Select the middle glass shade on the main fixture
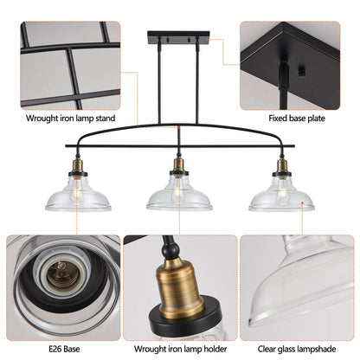tap(179, 196)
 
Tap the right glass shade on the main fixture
tap(281, 196)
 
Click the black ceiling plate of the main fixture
tap(179, 37)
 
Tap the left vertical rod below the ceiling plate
tap(162, 87)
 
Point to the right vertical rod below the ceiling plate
tap(196, 87)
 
